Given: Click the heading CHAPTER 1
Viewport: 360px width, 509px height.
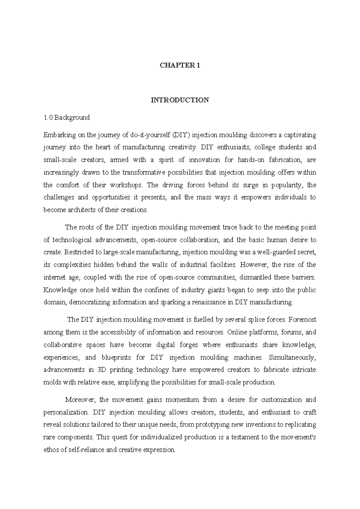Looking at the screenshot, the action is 180,65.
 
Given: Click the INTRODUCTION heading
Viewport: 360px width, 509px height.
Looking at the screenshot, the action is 180,100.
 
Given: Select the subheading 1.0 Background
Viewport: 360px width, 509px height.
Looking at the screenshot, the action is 67,118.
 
